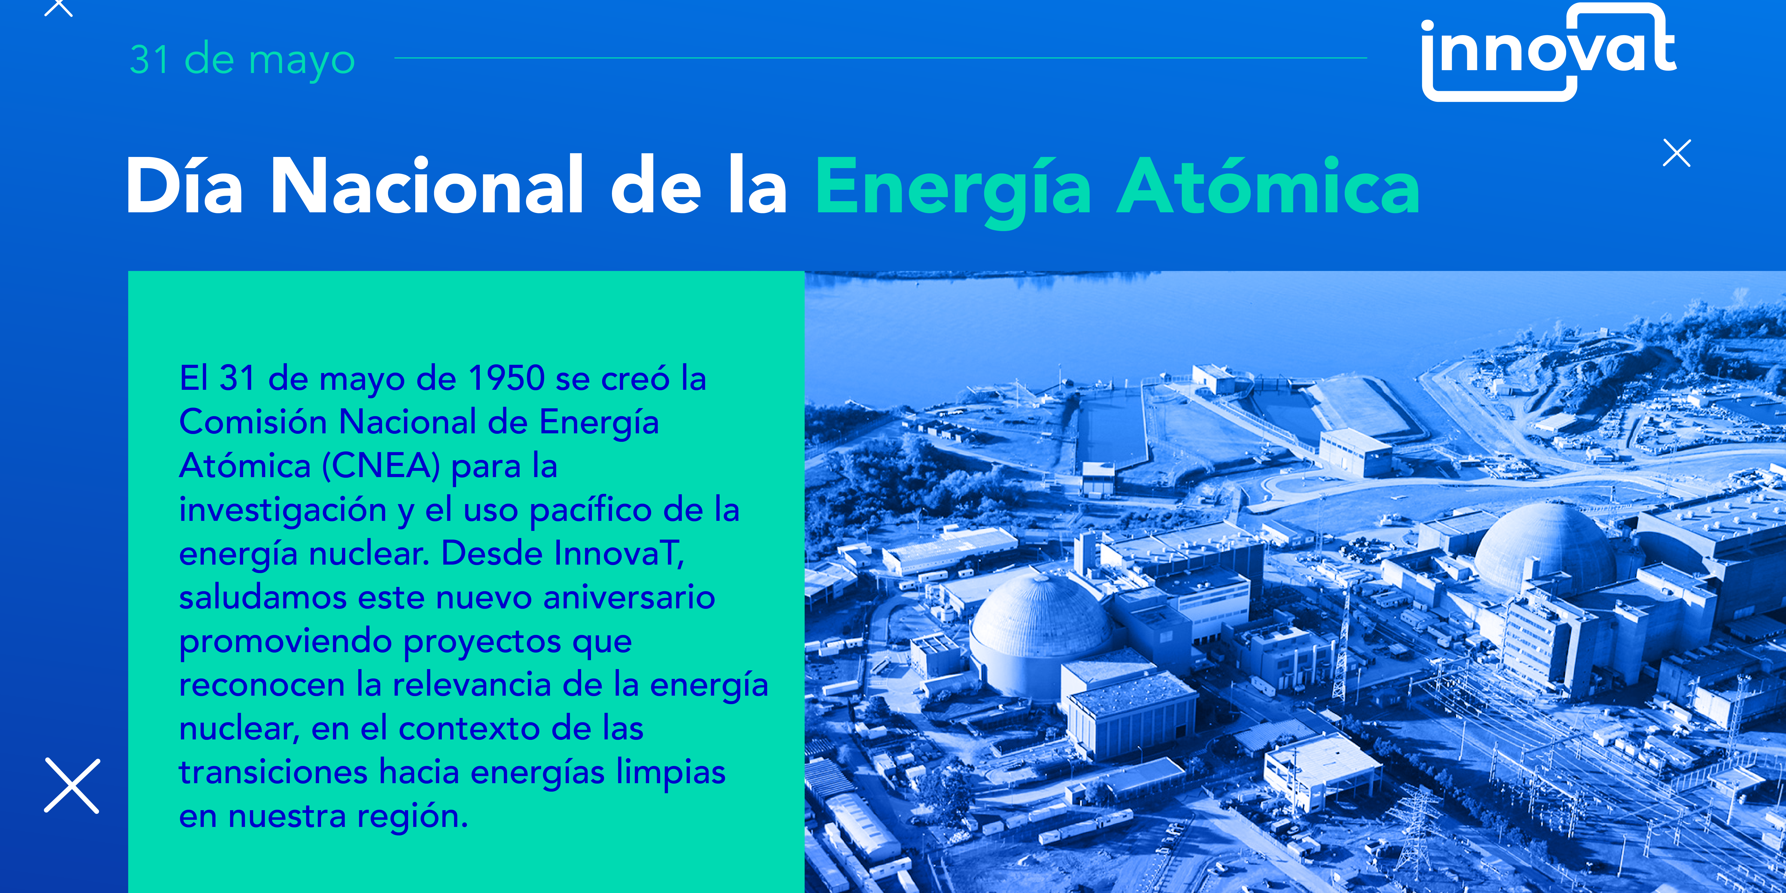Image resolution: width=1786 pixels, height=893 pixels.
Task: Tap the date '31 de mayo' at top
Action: coord(243,60)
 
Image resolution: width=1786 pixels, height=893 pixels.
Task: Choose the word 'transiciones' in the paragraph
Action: coord(273,772)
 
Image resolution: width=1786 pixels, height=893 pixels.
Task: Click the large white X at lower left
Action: coord(72,786)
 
